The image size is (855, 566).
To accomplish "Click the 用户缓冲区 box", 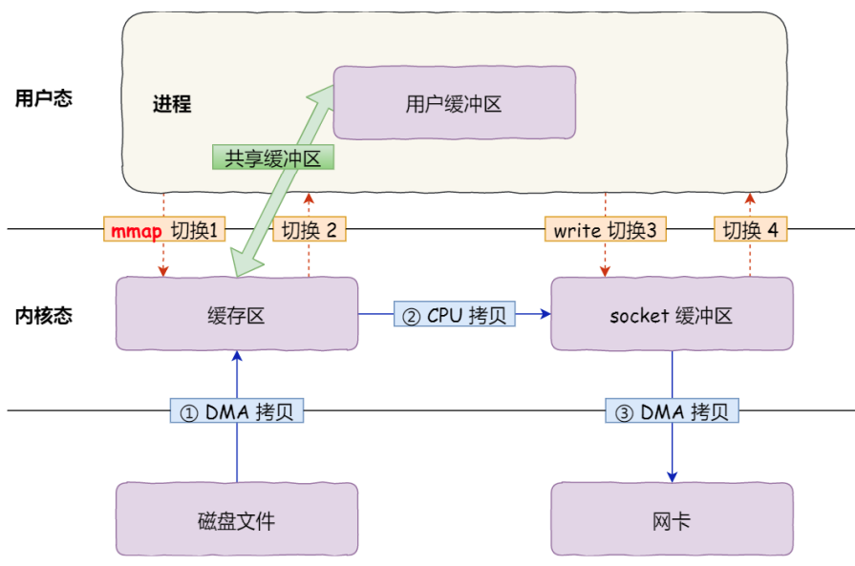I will pyautogui.click(x=454, y=103).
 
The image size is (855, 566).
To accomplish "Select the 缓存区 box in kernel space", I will pyautogui.click(x=236, y=314).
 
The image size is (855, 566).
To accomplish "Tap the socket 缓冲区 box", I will pyautogui.click(x=672, y=314).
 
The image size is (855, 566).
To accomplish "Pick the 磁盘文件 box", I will pyautogui.click(x=236, y=519).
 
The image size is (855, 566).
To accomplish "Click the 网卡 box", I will pyautogui.click(x=672, y=519).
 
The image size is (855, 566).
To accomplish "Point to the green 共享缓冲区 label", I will pyautogui.click(x=273, y=157).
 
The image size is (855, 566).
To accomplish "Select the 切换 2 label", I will pyautogui.click(x=310, y=230).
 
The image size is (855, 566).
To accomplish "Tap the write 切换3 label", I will pyautogui.click(x=605, y=230).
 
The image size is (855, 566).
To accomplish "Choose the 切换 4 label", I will pyautogui.click(x=750, y=230).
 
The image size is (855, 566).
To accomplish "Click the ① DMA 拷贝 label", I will pyautogui.click(x=237, y=411).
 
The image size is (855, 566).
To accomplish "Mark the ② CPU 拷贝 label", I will pyautogui.click(x=453, y=314).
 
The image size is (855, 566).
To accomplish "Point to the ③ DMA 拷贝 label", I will pyautogui.click(x=672, y=411).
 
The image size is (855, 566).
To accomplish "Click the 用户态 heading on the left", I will pyautogui.click(x=43, y=98).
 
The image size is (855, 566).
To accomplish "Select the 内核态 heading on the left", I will pyautogui.click(x=43, y=315).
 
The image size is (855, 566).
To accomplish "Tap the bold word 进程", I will pyautogui.click(x=172, y=104).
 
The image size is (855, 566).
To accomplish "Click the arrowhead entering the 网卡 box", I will pyautogui.click(x=672, y=476).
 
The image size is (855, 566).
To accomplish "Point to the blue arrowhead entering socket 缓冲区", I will pyautogui.click(x=545, y=314).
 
